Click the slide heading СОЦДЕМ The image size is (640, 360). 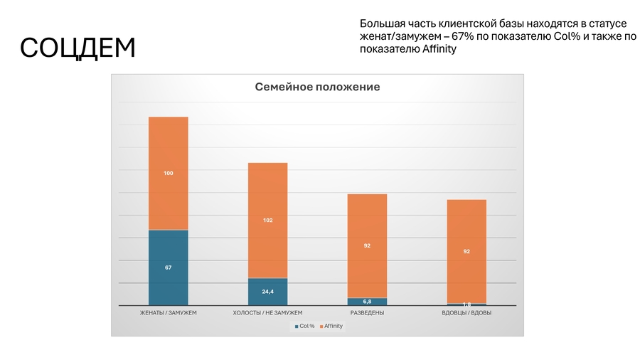(78, 48)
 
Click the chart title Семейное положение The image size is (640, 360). (317, 87)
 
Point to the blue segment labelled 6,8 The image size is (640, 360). (367, 302)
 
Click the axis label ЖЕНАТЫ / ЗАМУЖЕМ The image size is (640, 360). (168, 313)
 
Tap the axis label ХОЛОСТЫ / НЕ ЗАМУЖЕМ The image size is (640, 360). (267, 313)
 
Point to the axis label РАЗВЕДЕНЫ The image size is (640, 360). (368, 313)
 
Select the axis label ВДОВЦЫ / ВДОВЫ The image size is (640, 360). (466, 313)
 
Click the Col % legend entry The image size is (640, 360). (305, 326)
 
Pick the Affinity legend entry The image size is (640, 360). (332, 326)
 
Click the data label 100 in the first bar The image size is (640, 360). (168, 173)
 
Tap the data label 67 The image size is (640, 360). (168, 268)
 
